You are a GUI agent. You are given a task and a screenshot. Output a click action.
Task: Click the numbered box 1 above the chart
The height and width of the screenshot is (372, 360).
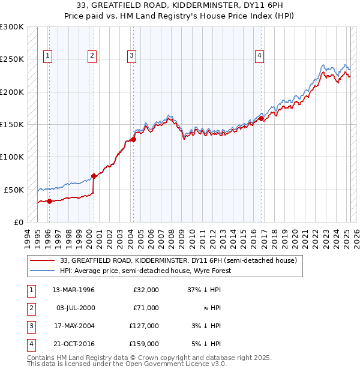(x=47, y=56)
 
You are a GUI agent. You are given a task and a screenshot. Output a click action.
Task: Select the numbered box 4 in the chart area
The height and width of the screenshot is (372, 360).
(x=259, y=56)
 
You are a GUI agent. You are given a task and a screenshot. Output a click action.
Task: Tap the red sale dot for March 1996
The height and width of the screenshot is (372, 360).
(x=49, y=201)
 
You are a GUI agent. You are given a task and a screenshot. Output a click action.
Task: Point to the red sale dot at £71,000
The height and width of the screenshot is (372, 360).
(x=94, y=176)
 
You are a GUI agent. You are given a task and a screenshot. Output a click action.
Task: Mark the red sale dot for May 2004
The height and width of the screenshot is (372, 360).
(x=134, y=139)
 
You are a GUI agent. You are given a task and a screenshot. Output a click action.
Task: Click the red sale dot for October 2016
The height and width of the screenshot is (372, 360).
(x=262, y=119)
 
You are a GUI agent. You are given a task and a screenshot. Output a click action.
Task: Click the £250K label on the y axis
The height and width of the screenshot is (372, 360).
(x=12, y=59)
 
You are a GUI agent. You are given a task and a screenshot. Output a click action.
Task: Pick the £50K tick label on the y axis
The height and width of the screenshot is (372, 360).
(x=14, y=190)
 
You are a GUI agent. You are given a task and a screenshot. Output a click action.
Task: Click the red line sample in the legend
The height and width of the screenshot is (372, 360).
(x=42, y=261)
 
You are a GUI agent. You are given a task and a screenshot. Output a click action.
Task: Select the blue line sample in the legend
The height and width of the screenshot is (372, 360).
(x=42, y=271)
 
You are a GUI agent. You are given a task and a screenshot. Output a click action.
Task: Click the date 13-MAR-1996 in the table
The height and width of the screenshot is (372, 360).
(x=74, y=290)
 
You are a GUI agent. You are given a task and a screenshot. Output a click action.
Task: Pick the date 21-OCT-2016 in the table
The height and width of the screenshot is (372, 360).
(x=74, y=344)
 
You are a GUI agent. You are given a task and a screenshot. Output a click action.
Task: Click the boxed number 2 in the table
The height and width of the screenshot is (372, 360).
(x=31, y=308)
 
